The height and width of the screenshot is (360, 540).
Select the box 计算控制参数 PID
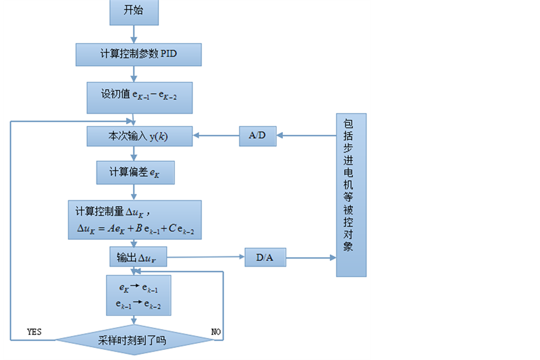click(x=138, y=54)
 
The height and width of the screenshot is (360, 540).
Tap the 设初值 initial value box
click(x=139, y=97)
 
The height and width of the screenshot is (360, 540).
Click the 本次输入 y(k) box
click(x=139, y=136)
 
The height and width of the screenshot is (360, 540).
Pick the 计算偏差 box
click(x=135, y=172)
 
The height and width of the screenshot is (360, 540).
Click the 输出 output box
click(x=138, y=258)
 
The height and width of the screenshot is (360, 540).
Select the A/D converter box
click(x=257, y=136)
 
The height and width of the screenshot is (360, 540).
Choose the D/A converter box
click(x=266, y=258)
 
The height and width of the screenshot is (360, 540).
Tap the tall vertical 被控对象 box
click(x=351, y=195)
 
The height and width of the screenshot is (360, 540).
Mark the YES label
click(x=35, y=331)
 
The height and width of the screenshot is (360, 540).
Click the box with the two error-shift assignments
click(x=138, y=295)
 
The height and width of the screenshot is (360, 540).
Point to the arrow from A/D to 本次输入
click(x=216, y=136)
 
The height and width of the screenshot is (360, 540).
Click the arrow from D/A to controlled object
click(x=311, y=258)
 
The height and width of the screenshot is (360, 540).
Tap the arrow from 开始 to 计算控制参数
click(x=134, y=34)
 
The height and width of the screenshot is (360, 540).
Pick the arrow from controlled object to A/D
click(x=306, y=136)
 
